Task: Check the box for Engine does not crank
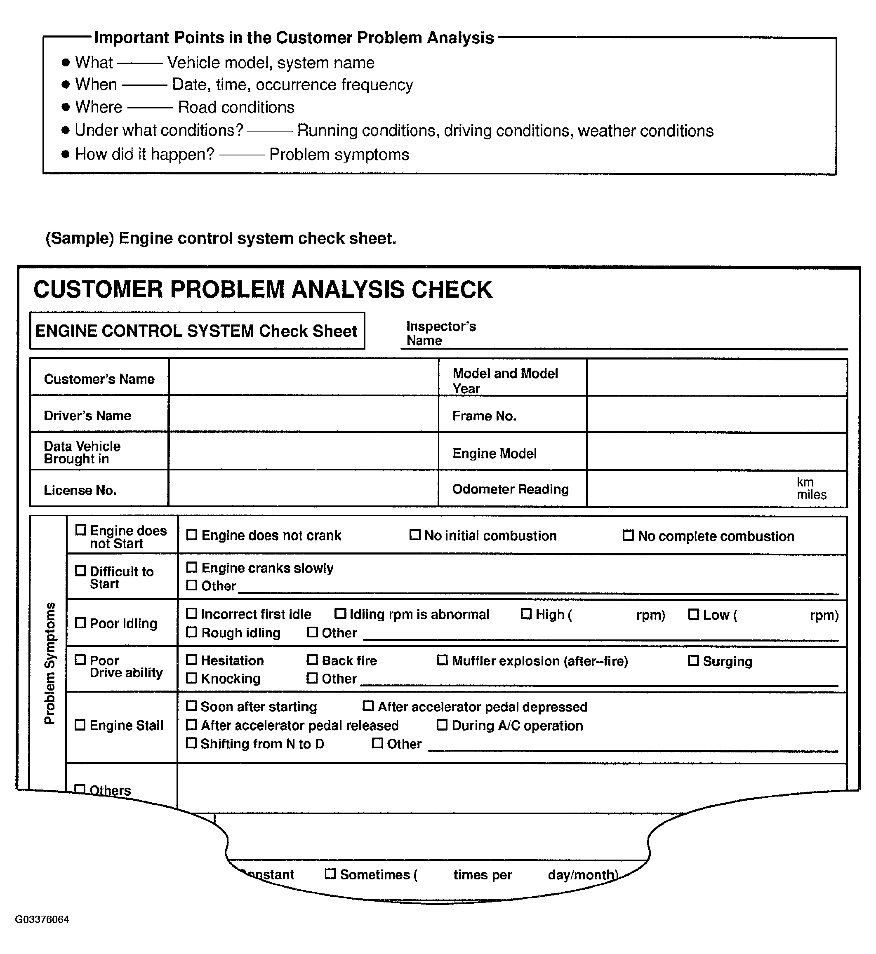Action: (x=191, y=535)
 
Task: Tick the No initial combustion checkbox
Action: (x=415, y=535)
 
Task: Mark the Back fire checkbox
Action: (x=312, y=660)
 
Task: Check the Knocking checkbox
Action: (x=191, y=678)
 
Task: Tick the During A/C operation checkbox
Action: (x=442, y=725)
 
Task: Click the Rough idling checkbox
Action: (x=191, y=632)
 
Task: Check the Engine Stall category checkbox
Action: (x=80, y=725)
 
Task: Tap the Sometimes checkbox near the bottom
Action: (x=330, y=874)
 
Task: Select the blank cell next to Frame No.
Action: (x=717, y=415)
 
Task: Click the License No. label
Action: (x=80, y=490)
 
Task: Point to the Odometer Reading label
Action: (x=510, y=489)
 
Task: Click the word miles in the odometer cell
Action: (x=811, y=495)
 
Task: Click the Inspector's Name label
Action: (x=441, y=333)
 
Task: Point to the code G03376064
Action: (x=42, y=919)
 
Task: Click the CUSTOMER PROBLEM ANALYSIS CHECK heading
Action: (x=263, y=289)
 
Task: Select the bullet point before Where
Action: (x=66, y=107)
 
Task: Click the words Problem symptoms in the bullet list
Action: (x=339, y=155)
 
